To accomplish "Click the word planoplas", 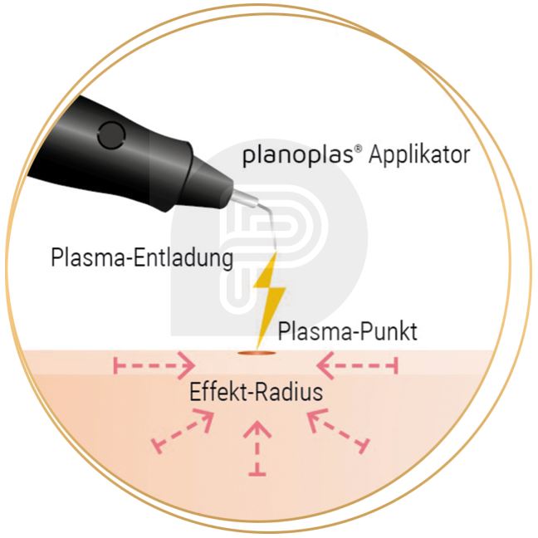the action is tap(297, 155).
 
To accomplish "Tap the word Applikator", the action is tap(419, 154).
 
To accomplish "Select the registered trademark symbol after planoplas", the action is tap(358, 149).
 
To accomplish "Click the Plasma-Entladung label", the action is tap(142, 257).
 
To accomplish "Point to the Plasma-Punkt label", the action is tap(347, 331).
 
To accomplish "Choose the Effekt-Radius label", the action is tap(256, 392).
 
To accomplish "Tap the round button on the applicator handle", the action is tap(111, 134).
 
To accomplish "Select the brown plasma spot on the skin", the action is tap(256, 352).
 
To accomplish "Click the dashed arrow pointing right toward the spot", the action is tap(154, 365).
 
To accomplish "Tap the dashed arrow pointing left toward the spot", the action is tap(357, 365).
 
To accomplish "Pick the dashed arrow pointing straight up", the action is tap(257, 448).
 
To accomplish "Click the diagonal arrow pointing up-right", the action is tap(183, 432).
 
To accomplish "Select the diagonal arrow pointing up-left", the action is tap(338, 432).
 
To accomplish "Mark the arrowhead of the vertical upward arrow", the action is tap(257, 429).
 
